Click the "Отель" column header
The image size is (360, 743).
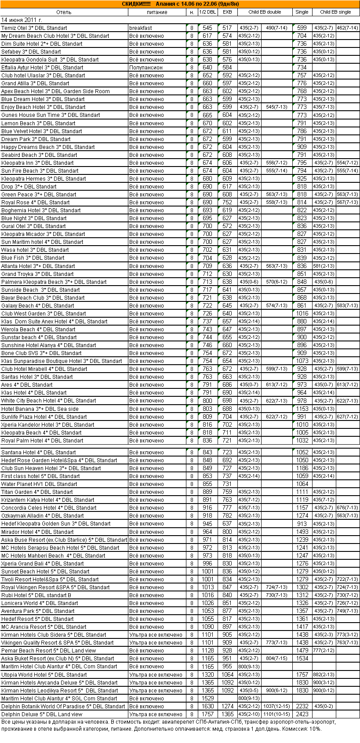point(64,12)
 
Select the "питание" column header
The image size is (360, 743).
point(157,12)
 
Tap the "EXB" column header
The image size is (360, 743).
point(227,12)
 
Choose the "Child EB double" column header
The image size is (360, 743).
point(265,12)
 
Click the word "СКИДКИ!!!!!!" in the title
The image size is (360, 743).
point(136,4)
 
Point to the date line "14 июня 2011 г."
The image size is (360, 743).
point(22,20)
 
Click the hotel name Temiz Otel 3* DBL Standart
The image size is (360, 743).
point(34,28)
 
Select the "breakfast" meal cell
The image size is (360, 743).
point(141,28)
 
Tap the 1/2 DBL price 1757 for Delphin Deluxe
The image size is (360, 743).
point(207,714)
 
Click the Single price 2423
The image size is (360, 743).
point(302,714)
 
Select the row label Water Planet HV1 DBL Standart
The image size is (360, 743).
point(39,484)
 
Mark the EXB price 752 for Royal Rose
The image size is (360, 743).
point(227,203)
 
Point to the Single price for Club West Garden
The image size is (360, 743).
point(302,314)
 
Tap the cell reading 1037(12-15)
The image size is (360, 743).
point(276,707)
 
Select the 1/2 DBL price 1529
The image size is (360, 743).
point(207,699)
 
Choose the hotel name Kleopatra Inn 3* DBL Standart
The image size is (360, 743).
point(37,163)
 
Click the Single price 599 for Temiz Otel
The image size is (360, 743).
point(302,28)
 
